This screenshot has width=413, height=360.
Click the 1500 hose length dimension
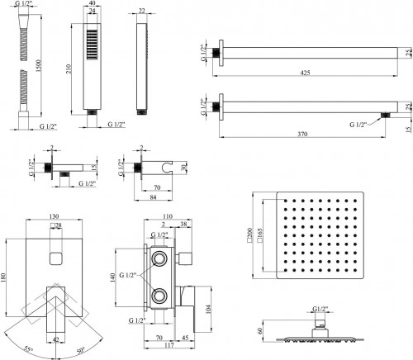pos(38,66)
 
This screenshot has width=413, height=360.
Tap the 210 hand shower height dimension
pos(69,69)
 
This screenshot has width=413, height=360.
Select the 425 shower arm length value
pos(305,73)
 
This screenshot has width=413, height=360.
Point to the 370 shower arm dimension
pos(302,134)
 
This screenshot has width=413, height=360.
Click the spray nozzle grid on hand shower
pos(93,45)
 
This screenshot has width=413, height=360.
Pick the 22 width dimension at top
pos(142,11)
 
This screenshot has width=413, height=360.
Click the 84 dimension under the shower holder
pos(153,197)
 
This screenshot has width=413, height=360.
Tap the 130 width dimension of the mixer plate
pos(54,216)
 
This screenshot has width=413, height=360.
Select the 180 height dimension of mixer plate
pos(3,278)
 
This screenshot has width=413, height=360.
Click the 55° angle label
pos(28,349)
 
